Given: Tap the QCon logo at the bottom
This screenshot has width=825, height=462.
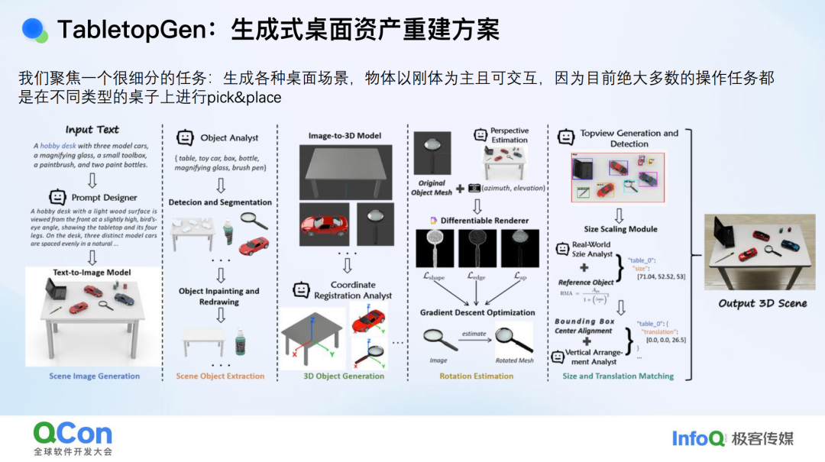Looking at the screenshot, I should click(73, 435).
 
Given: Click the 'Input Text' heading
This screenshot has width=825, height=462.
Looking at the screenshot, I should click(92, 130).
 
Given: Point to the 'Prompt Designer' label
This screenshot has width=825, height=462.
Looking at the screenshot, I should click(105, 197).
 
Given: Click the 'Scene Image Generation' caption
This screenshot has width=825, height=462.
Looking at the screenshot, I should click(95, 376).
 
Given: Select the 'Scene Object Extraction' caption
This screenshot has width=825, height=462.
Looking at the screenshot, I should click(220, 376).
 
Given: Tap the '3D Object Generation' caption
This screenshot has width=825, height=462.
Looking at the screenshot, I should click(344, 376).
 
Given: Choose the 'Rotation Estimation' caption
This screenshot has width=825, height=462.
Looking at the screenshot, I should click(476, 376).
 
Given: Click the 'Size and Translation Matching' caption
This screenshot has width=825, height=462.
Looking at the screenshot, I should click(618, 376).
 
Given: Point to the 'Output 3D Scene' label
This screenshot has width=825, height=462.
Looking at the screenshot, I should click(762, 303).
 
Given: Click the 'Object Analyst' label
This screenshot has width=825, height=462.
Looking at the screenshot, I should click(229, 138).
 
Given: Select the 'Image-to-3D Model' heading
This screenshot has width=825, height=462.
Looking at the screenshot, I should click(345, 136).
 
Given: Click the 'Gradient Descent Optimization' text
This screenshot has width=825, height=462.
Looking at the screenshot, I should click(477, 312).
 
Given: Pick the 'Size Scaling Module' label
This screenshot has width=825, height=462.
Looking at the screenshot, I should click(621, 228).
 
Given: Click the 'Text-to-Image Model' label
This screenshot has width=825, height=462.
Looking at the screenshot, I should click(92, 272).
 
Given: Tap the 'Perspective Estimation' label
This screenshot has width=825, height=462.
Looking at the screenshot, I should click(510, 135).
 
